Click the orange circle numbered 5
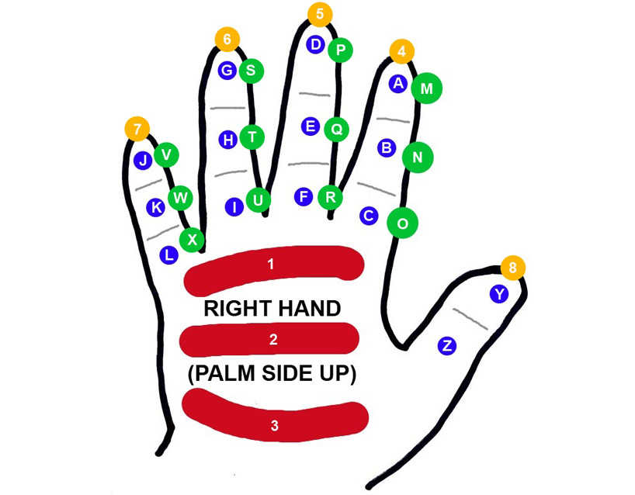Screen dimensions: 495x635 tap(320, 14)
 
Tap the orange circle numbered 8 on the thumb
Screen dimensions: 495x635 tap(512, 268)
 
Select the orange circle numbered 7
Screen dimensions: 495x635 tap(137, 129)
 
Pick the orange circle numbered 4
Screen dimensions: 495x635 tap(401, 52)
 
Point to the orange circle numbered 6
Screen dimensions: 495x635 tap(227, 39)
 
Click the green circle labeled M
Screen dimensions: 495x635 tap(426, 88)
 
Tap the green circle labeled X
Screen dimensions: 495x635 tap(192, 239)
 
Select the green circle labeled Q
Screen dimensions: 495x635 tap(336, 129)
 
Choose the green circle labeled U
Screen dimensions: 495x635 tap(258, 201)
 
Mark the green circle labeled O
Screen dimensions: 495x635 tap(402, 223)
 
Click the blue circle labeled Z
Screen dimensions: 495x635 tap(446, 345)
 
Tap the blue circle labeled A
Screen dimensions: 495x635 tap(398, 83)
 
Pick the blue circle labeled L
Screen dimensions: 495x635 tap(168, 254)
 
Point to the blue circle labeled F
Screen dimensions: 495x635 tap(304, 196)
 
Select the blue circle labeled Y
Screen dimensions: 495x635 tap(499, 294)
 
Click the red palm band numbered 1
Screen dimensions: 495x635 tap(272, 265)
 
